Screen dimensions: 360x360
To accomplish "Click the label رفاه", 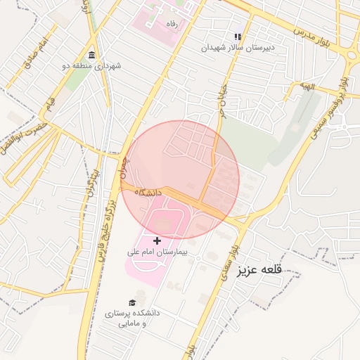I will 169,24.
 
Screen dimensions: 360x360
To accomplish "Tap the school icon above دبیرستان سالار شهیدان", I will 238,37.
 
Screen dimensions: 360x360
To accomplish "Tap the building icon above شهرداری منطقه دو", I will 92,55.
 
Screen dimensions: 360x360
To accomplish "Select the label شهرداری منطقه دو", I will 92,65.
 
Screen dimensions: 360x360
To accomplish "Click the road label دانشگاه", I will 149,191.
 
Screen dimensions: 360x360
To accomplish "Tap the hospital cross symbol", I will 157,240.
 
